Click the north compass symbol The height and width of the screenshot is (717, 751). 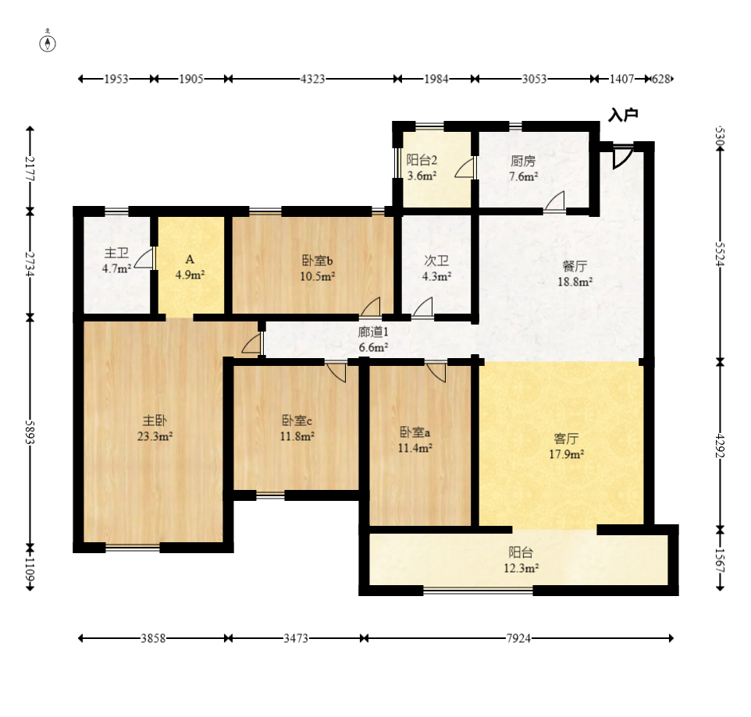click(48, 44)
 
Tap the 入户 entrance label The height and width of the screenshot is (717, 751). click(623, 115)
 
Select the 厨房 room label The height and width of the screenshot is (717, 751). click(523, 162)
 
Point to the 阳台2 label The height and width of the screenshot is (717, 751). click(422, 160)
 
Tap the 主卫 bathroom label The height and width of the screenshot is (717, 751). click(116, 254)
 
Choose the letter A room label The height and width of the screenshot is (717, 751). click(190, 260)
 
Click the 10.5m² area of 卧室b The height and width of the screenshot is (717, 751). click(317, 276)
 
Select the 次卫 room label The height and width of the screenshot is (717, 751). click(436, 261)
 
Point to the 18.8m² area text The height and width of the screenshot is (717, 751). click(575, 282)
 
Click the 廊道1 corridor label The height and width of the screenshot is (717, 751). click(373, 332)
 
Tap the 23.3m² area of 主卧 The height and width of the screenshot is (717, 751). click(155, 436)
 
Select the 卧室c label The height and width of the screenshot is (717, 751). click(297, 421)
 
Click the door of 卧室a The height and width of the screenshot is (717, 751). click(436, 373)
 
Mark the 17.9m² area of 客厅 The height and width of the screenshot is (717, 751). click(566, 454)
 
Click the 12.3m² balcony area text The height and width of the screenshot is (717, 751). click(521, 568)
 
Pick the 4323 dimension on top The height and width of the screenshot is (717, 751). click(312, 79)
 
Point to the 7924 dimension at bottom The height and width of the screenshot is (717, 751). click(518, 638)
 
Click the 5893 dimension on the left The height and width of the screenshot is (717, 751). click(30, 432)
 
